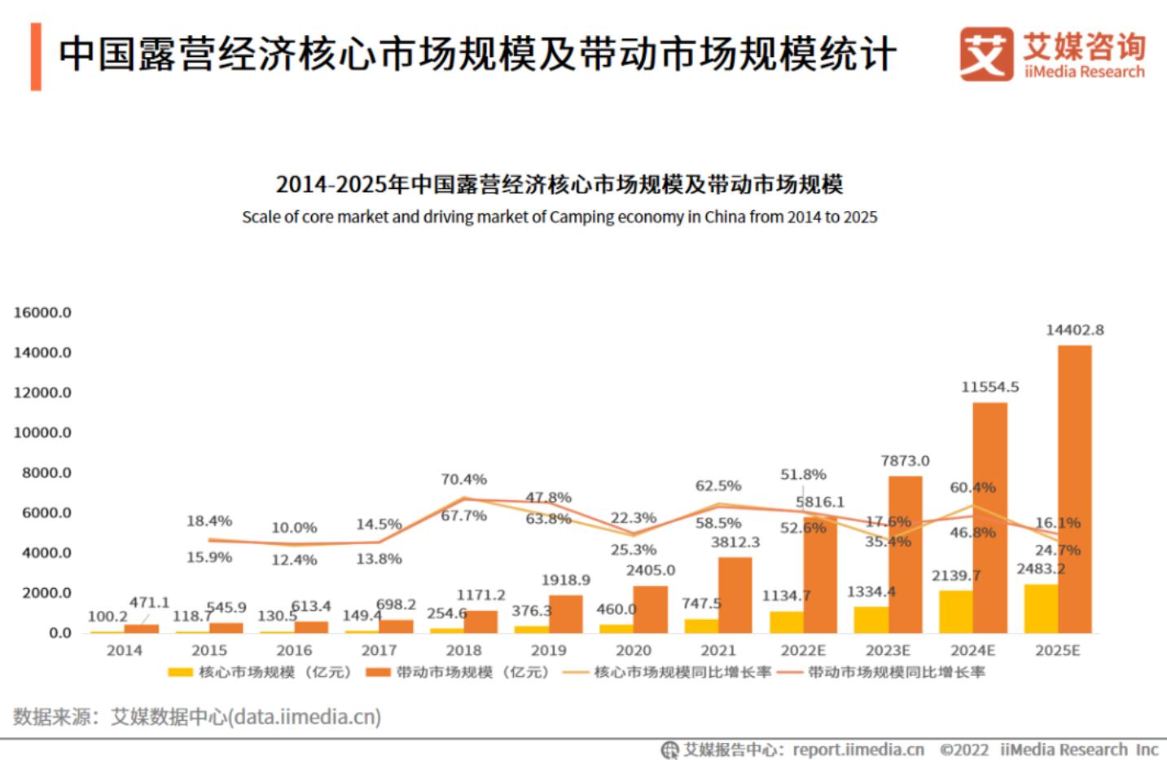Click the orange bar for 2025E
(x=1074, y=489)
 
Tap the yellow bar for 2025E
(x=1041, y=608)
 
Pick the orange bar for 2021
(x=735, y=595)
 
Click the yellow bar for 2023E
(x=871, y=619)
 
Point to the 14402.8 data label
(x=1074, y=330)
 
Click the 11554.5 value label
(x=989, y=387)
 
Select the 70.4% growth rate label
(x=463, y=479)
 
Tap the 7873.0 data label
(x=905, y=460)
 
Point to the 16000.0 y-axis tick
(x=42, y=312)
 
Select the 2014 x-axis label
(x=124, y=650)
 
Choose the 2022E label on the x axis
(x=803, y=650)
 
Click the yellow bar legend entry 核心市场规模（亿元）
(x=259, y=672)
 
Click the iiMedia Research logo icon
(x=985, y=54)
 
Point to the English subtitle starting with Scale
(x=559, y=217)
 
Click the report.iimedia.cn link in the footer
(x=858, y=749)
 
